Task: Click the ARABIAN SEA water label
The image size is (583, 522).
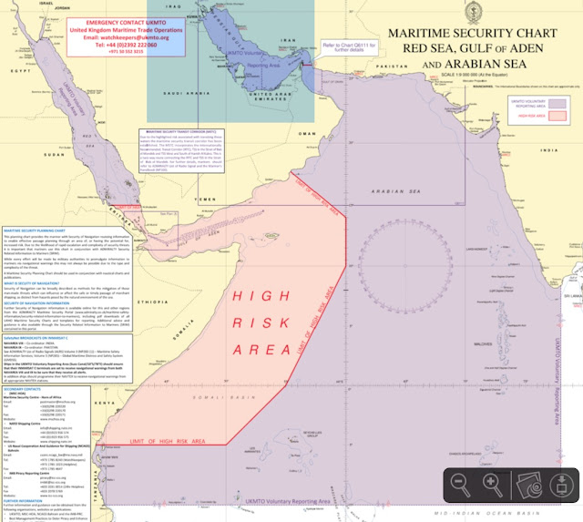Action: [x=392, y=190]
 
